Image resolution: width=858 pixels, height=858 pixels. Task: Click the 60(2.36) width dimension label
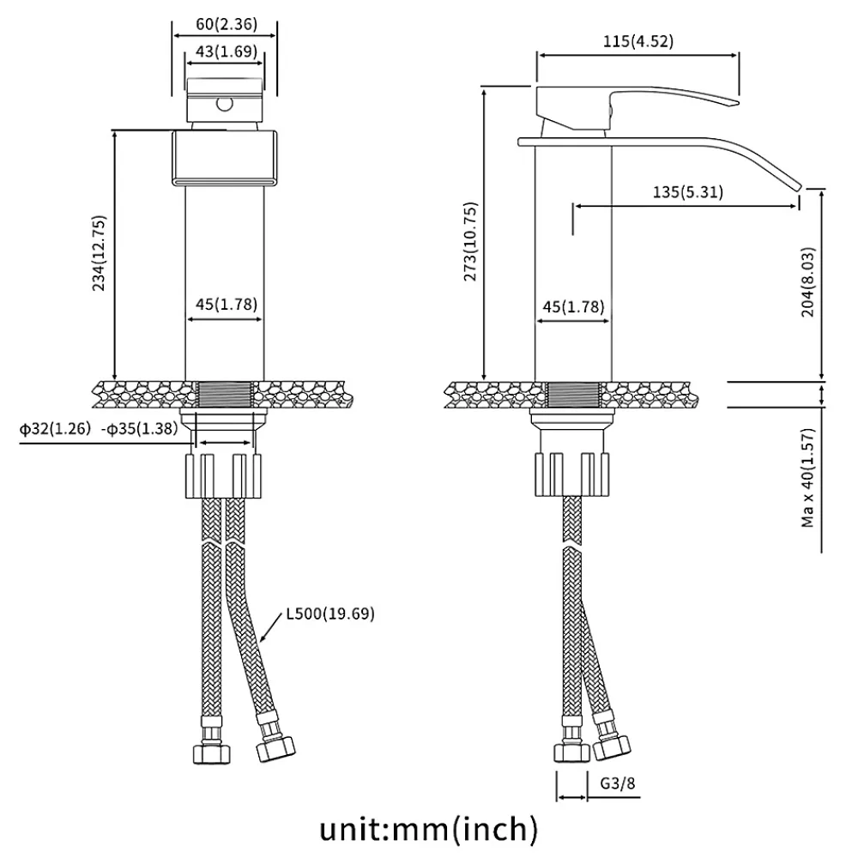click(227, 24)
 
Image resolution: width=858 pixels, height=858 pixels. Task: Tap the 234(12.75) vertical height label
click(99, 253)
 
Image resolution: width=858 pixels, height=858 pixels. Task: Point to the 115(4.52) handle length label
click(638, 41)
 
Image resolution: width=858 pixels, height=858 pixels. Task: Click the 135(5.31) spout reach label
click(688, 192)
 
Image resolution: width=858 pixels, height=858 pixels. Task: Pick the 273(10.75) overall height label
click(470, 241)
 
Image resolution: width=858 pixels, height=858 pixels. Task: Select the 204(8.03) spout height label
click(807, 281)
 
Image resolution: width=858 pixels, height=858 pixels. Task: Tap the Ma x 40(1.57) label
click(807, 478)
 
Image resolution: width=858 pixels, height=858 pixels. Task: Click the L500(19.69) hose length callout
click(330, 613)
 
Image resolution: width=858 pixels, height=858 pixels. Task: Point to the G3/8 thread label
click(618, 783)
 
